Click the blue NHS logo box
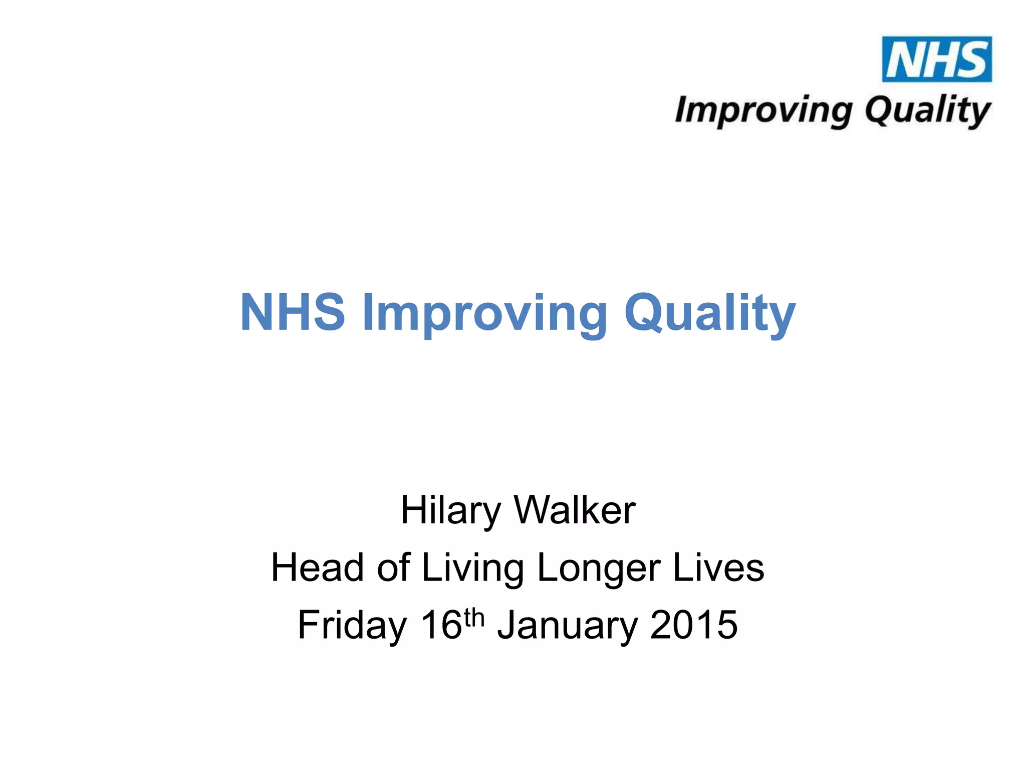click(x=936, y=59)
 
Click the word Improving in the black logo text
click(x=763, y=110)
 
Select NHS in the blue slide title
click(x=293, y=312)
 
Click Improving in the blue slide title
click(x=484, y=313)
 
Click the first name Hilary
click(x=450, y=511)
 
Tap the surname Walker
click(x=575, y=510)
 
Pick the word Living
click(x=472, y=568)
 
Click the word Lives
click(x=718, y=567)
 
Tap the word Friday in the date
click(x=352, y=625)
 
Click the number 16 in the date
click(x=441, y=625)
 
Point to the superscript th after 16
click(x=474, y=618)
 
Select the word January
click(x=568, y=625)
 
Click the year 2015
click(x=693, y=625)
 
